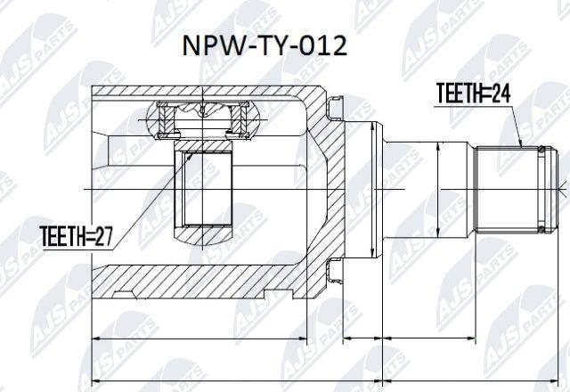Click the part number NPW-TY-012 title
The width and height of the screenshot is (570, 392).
pyautogui.click(x=265, y=45)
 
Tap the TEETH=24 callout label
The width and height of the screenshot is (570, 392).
pyautogui.click(x=473, y=93)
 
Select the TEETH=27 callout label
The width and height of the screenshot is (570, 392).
pyautogui.click(x=76, y=236)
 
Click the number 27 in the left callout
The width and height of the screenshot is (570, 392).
pyautogui.click(x=103, y=236)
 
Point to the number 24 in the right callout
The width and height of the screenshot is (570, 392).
pyautogui.click(x=501, y=93)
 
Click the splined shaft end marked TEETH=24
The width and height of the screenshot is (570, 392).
pyautogui.click(x=517, y=189)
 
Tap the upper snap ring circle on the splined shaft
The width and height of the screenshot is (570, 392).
pyautogui.click(x=541, y=150)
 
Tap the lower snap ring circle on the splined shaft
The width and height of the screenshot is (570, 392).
pyautogui.click(x=541, y=229)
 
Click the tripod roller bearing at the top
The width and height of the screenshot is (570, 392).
pyautogui.click(x=203, y=121)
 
